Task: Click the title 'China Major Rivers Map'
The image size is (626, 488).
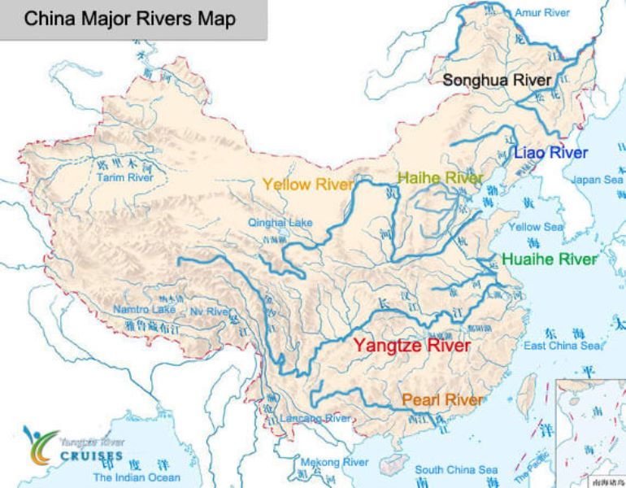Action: click(x=129, y=19)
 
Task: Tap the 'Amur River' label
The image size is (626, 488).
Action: click(x=542, y=13)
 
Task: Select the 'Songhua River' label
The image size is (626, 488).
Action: click(x=497, y=80)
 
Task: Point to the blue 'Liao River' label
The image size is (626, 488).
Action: click(x=550, y=152)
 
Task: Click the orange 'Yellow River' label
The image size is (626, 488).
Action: click(x=307, y=184)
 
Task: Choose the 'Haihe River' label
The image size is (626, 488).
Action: click(x=440, y=177)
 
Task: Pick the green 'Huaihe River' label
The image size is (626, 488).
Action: click(x=550, y=259)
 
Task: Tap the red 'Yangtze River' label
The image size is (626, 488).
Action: click(x=411, y=346)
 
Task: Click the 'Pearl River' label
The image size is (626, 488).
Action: click(x=442, y=400)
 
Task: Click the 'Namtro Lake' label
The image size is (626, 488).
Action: click(x=144, y=310)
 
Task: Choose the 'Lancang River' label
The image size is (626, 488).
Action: click(x=315, y=419)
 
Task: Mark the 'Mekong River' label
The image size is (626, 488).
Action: click(x=332, y=462)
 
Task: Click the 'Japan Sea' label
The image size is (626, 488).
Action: click(x=597, y=180)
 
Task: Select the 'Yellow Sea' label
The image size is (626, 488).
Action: click(x=535, y=228)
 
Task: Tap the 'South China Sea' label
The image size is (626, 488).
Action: click(x=456, y=470)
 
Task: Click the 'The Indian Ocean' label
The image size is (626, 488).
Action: click(x=137, y=477)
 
